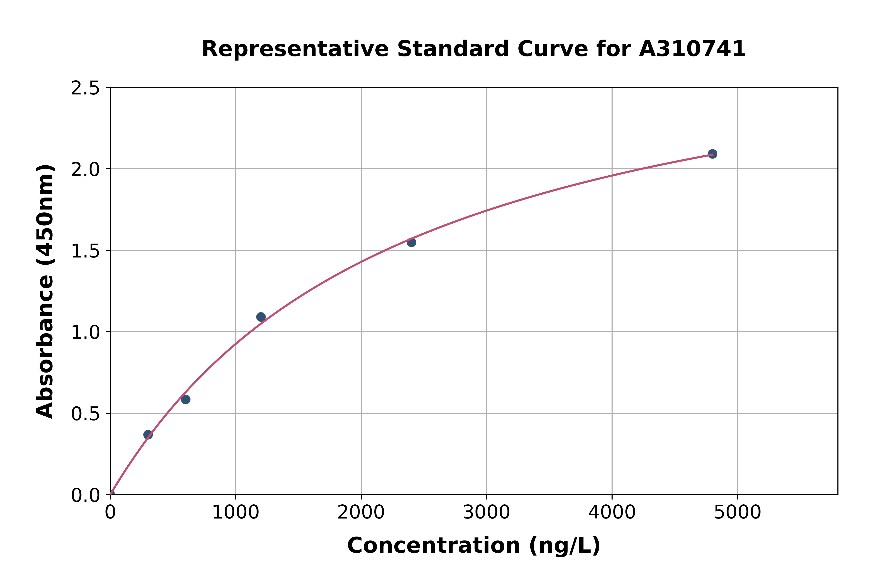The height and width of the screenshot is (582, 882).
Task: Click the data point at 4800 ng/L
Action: point(712,154)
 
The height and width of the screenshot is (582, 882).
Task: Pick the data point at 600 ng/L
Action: point(186,399)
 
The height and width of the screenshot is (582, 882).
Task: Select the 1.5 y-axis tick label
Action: point(85,251)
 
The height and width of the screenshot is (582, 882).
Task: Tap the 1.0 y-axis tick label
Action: point(85,332)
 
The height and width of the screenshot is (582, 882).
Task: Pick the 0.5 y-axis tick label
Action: point(85,413)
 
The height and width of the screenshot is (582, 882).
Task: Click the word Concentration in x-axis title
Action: point(434,546)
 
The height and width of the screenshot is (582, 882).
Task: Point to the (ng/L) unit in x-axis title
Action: point(564,546)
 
